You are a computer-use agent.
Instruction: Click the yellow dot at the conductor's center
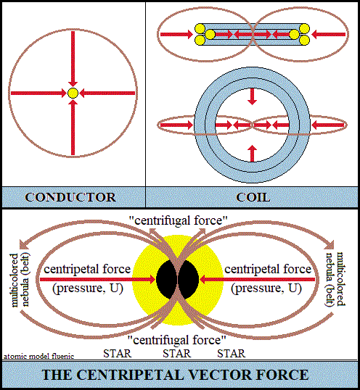tap(73, 93)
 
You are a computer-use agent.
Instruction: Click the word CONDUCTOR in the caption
tap(70, 197)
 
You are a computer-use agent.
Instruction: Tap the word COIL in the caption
tap(253, 197)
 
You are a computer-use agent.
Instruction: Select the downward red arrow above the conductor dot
tap(73, 59)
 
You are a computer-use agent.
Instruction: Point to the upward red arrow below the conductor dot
tap(73, 127)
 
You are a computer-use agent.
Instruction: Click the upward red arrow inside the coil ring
tap(253, 154)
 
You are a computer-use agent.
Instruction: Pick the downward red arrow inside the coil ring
tap(253, 96)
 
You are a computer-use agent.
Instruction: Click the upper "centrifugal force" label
tap(179, 220)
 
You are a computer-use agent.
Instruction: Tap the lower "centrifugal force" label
tap(177, 340)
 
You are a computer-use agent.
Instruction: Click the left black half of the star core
tap(165, 279)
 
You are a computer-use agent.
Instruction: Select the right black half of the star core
tap(189, 279)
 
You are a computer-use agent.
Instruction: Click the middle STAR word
tap(177, 354)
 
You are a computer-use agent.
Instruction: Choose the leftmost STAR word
tap(118, 354)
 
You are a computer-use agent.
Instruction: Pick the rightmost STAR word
tap(232, 354)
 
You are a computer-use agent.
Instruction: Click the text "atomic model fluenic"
tap(39, 356)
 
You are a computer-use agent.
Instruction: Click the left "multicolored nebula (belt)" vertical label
tap(20, 280)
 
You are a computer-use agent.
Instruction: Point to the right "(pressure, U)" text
tap(266, 289)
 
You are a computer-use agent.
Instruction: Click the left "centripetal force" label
tap(87, 270)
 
